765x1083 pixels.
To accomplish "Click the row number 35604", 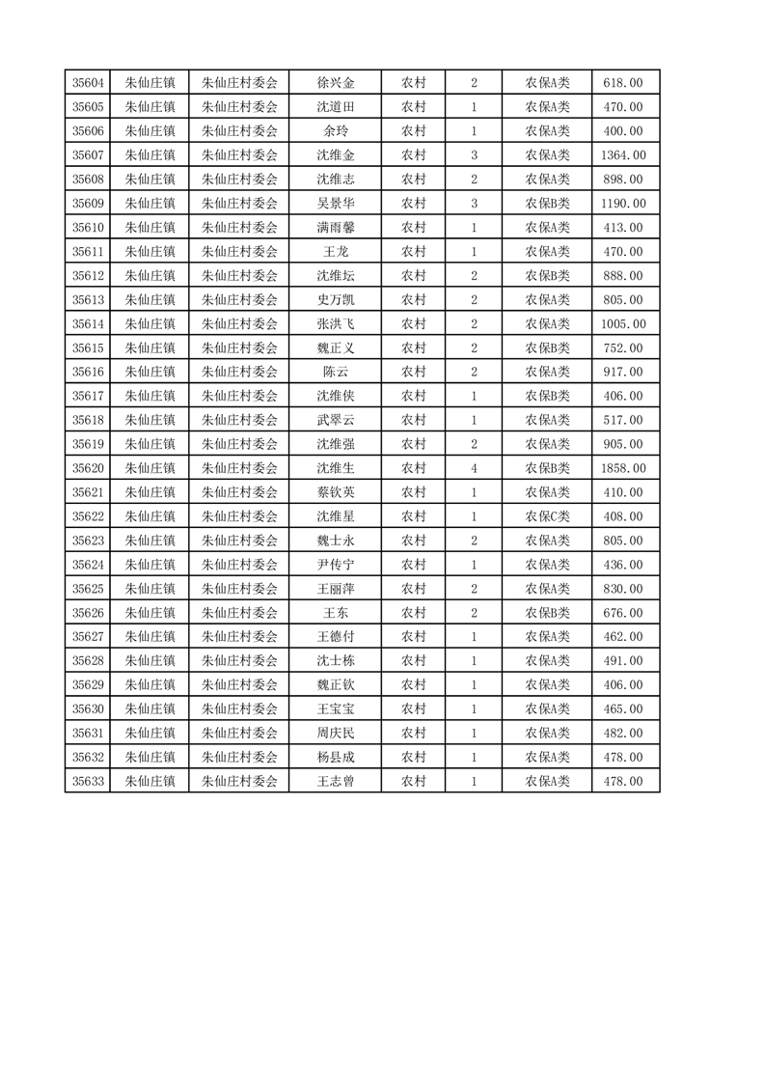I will coord(88,83).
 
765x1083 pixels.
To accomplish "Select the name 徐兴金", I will coord(336,83).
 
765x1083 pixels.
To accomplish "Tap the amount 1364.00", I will coord(623,155).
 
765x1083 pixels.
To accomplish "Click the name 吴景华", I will coord(336,204).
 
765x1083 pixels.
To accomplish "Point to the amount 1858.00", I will coord(623,468).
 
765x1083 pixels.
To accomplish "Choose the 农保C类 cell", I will coord(547,516).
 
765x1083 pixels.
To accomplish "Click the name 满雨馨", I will coord(336,228).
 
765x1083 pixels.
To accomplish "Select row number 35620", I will coord(88,468).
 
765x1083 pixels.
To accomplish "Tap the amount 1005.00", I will coord(623,324).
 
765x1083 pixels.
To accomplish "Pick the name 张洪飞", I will coord(336,324).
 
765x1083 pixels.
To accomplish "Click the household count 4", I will coord(474,468).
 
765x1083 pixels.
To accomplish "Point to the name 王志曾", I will coord(336,781).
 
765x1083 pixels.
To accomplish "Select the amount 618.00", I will coord(623,83).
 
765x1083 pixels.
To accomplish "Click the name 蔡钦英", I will coord(336,492).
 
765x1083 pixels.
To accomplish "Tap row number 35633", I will coord(88,781).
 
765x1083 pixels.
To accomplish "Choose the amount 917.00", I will coord(623,372).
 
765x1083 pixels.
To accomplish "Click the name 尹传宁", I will coord(336,565).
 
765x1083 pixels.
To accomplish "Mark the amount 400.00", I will coord(623,131).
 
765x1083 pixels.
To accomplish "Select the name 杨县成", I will coord(336,757).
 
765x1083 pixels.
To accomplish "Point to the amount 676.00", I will coord(623,613).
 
